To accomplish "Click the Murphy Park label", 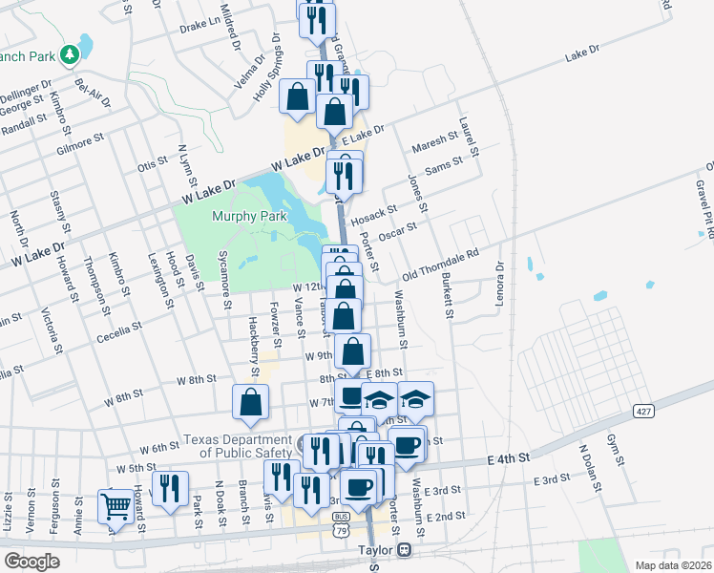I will click(x=250, y=217).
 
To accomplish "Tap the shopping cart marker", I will click(x=115, y=506).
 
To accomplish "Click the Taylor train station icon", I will click(x=406, y=551).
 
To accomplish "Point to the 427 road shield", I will click(x=643, y=411).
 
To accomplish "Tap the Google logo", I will click(x=31, y=562).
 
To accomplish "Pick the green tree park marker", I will click(x=69, y=55).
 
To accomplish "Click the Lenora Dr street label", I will click(x=498, y=278).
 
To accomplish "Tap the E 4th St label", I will click(x=508, y=459).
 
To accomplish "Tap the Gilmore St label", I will click(x=79, y=145).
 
